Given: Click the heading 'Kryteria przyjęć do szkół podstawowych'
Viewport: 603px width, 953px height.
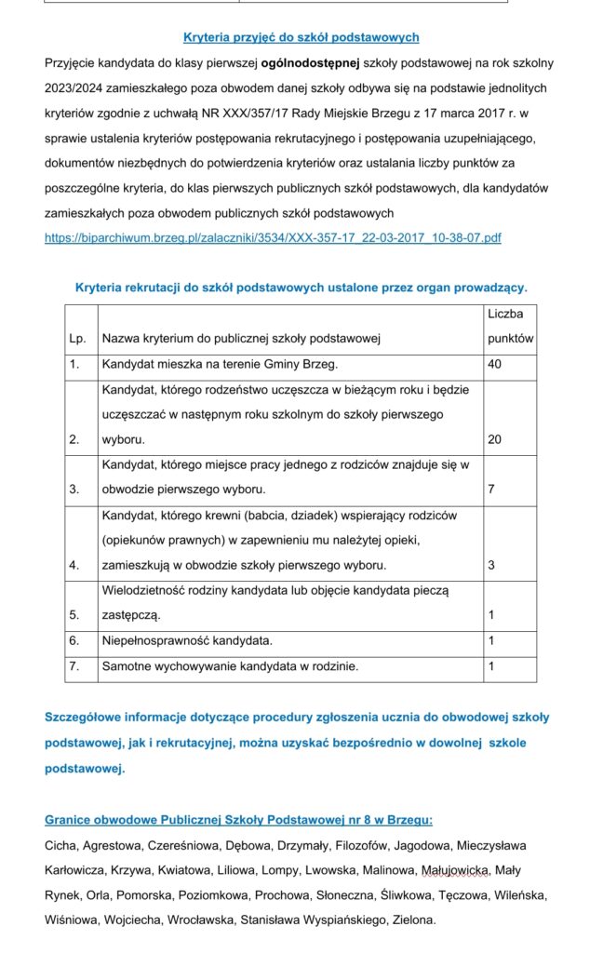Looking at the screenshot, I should click(301, 37).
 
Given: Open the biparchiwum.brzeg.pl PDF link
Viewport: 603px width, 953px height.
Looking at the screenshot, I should click(273, 237).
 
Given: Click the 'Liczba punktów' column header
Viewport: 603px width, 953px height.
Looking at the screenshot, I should click(510, 327).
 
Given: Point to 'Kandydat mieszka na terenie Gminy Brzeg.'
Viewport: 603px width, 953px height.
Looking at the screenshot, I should click(220, 364).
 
